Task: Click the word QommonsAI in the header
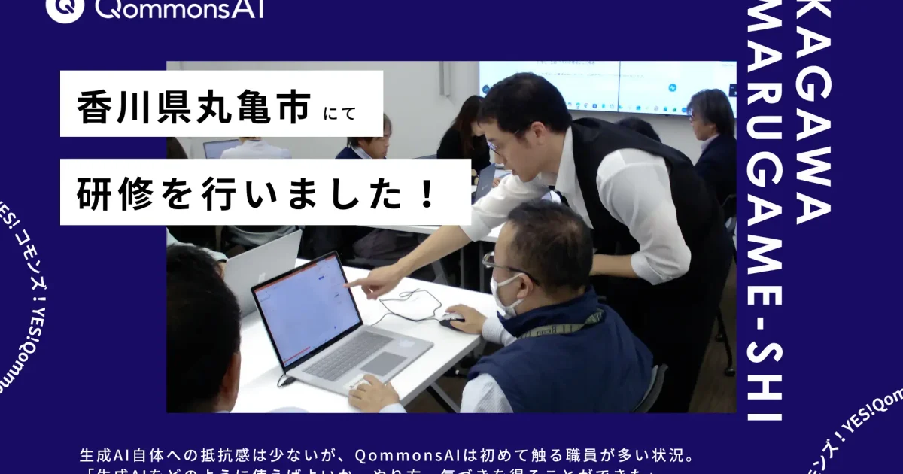pos(180,8)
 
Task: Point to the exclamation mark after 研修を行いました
pos(428,193)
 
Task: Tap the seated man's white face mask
pos(503,294)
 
